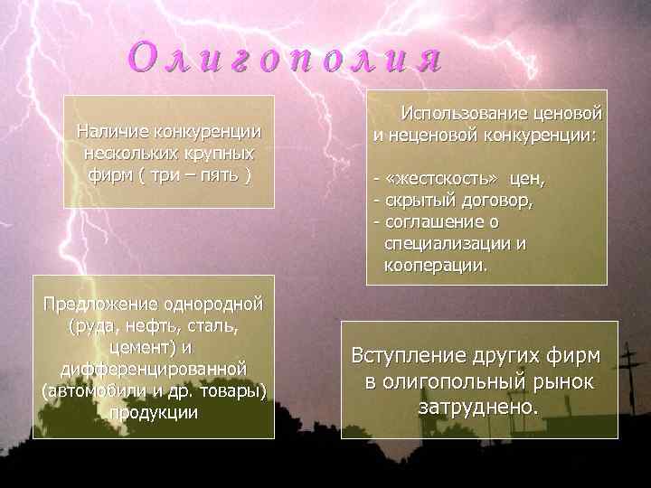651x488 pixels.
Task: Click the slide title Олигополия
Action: pyautogui.click(x=286, y=58)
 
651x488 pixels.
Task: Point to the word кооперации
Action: pyautogui.click(x=434, y=266)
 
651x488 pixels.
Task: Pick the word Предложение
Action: pyautogui.click(x=100, y=303)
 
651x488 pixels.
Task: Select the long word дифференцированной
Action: pyautogui.click(x=154, y=369)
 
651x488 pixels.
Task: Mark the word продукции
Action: pyautogui.click(x=153, y=412)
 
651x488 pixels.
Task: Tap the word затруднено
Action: pyautogui.click(x=478, y=408)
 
